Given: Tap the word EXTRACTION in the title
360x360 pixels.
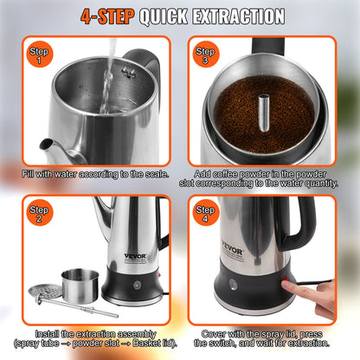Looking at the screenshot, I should [236, 16].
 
